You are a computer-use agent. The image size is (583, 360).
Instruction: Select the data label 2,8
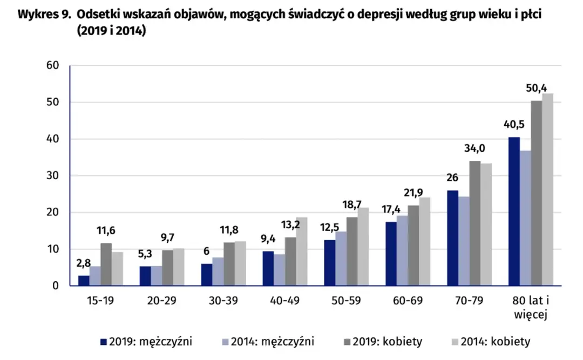(83, 264)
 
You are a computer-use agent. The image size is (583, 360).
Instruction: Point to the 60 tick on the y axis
(52, 66)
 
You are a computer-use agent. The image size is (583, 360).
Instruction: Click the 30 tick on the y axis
(52, 176)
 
